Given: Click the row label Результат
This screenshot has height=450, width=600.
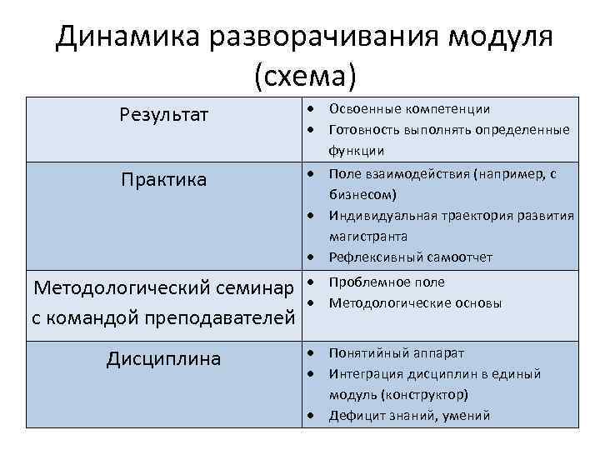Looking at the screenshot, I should [164, 114].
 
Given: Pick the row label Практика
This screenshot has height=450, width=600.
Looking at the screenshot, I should [164, 180].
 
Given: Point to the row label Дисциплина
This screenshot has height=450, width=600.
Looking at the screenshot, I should [164, 359].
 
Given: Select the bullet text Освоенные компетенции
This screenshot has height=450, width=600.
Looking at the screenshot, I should [409, 109].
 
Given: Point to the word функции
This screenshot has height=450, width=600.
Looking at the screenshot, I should [356, 151].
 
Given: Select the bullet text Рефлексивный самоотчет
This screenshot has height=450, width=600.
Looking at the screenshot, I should [410, 257].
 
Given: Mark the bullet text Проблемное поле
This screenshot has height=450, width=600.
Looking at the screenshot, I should [387, 282].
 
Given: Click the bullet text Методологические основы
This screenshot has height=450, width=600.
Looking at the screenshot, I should [415, 303].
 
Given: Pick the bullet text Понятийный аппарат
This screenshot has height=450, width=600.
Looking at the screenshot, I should [396, 352].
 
